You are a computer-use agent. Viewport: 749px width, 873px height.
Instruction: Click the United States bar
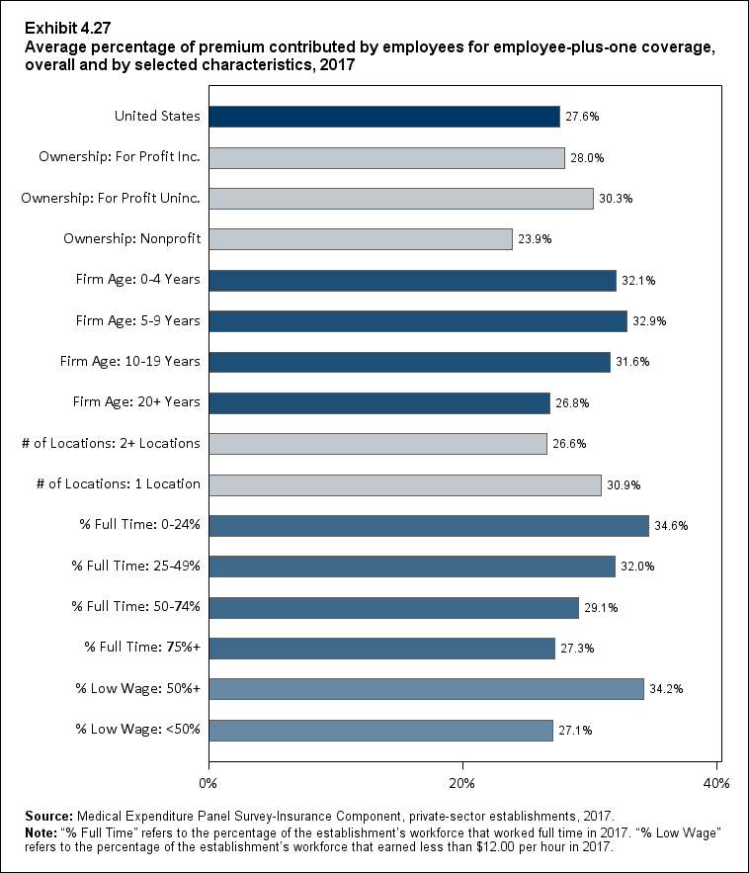click(x=384, y=116)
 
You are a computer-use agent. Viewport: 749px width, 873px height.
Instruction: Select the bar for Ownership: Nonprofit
click(x=361, y=239)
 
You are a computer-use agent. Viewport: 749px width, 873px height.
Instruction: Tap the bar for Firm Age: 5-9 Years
click(x=418, y=321)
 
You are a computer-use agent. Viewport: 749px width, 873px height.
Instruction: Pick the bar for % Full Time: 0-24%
click(x=429, y=526)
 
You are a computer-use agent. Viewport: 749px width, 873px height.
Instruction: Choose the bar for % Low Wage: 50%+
click(x=427, y=689)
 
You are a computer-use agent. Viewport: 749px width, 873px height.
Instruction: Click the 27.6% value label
click(x=582, y=117)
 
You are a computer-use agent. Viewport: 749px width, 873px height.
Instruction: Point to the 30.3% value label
click(x=616, y=199)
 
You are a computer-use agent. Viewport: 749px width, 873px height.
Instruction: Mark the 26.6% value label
click(x=569, y=444)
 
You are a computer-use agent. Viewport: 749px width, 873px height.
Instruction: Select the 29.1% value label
click(x=601, y=608)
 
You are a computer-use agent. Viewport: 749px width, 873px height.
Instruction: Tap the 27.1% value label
click(x=575, y=731)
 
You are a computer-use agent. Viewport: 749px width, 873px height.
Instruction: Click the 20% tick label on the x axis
click(x=462, y=784)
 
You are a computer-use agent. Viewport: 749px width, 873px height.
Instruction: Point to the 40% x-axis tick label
click(x=716, y=784)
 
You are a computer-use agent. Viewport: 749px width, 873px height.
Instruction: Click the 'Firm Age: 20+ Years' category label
click(x=136, y=402)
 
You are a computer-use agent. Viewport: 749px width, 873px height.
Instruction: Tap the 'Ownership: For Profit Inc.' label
click(x=120, y=157)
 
